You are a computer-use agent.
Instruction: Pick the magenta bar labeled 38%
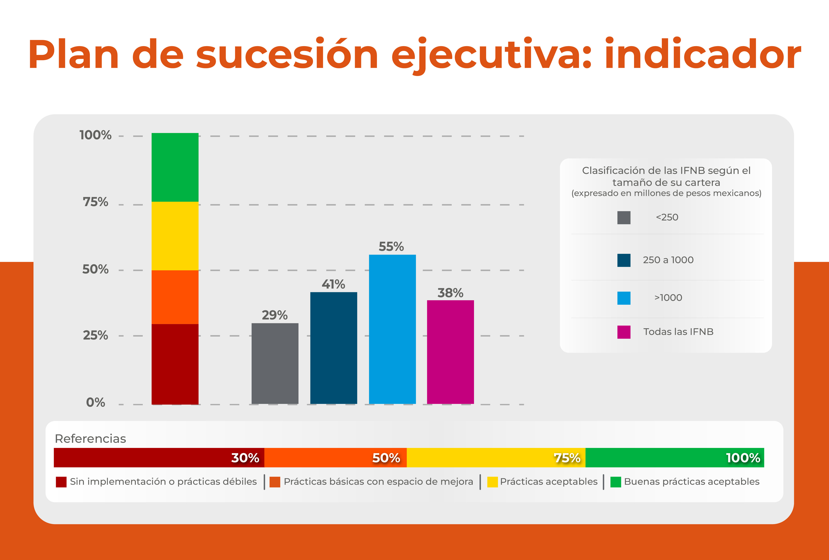[x=450, y=352]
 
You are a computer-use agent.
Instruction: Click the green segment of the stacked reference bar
[x=175, y=167]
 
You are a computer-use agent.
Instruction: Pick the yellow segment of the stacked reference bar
[x=175, y=236]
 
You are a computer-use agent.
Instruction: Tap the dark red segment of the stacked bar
[x=175, y=364]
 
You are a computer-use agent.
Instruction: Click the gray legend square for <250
[x=624, y=218]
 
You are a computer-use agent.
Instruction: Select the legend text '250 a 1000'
[x=668, y=260]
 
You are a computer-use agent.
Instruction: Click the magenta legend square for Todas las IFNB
[x=624, y=332]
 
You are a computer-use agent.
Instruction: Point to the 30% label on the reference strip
[x=245, y=458]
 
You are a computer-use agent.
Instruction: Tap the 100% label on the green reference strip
[x=743, y=458]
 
